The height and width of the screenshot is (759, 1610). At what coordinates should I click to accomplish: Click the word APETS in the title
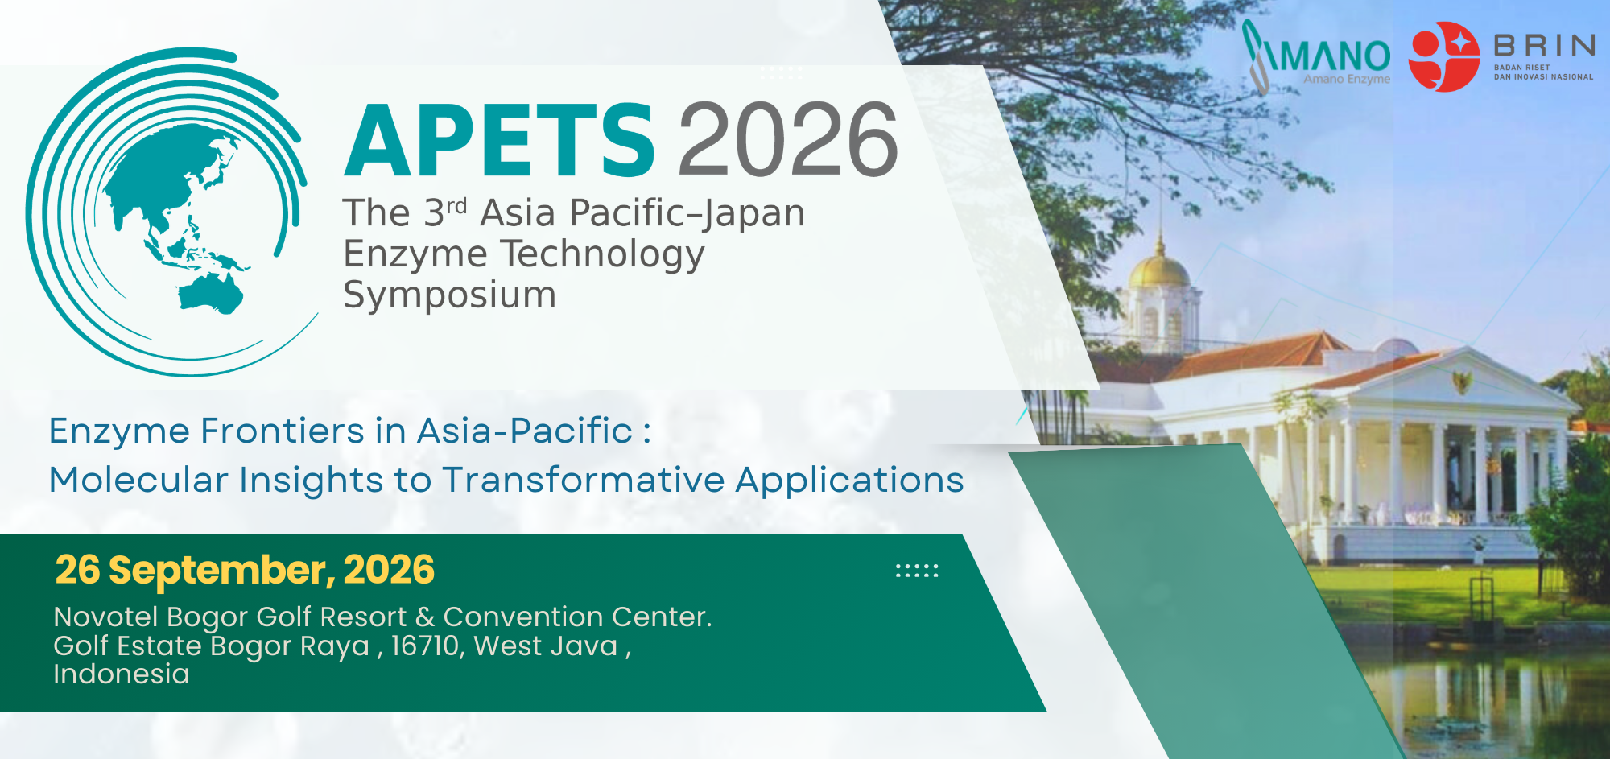(x=500, y=140)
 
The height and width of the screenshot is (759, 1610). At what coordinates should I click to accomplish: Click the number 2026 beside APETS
(x=788, y=140)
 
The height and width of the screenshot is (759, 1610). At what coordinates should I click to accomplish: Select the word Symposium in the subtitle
(x=450, y=295)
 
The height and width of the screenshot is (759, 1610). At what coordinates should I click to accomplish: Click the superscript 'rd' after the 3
(x=456, y=206)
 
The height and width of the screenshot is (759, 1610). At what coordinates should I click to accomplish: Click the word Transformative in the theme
(x=584, y=480)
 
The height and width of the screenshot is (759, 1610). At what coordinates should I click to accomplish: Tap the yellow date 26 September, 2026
(x=245, y=570)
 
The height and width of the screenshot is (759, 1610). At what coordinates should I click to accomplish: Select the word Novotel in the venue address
(x=105, y=617)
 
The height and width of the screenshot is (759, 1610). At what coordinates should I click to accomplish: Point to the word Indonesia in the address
(x=122, y=674)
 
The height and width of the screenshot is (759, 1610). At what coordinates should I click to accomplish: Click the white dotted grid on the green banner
(x=917, y=571)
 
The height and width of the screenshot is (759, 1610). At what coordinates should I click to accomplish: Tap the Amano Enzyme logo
(x=1317, y=55)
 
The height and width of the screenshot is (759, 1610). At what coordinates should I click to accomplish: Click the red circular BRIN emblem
(x=1444, y=56)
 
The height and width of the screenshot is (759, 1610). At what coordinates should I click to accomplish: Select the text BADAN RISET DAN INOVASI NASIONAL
(x=1543, y=72)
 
